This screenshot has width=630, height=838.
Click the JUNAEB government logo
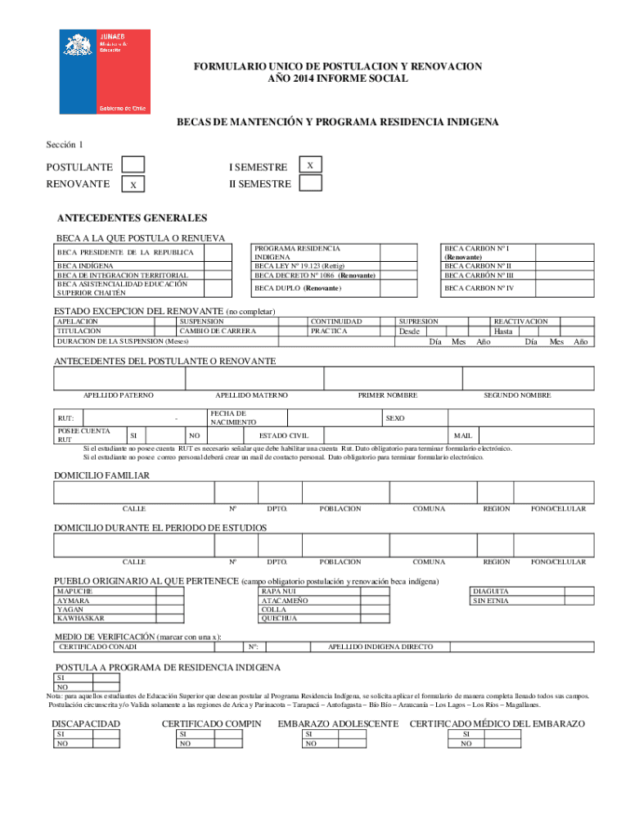[104, 72]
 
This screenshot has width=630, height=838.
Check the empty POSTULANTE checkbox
[133, 166]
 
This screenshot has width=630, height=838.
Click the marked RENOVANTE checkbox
[133, 186]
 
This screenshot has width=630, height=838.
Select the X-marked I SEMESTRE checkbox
[310, 165]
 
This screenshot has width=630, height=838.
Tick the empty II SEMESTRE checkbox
[310, 183]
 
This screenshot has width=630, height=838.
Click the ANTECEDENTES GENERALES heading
[132, 218]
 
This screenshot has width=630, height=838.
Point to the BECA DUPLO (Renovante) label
[298, 289]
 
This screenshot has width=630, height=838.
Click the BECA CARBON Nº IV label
[479, 288]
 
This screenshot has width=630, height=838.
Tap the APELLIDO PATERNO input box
[119, 379]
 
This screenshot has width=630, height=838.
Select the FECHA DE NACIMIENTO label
[228, 417]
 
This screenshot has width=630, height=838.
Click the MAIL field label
[463, 435]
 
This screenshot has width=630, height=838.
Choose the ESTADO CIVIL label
[283, 435]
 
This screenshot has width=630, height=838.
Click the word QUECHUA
[279, 619]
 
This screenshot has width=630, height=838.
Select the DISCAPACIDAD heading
[86, 723]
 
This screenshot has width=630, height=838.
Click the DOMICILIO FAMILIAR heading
[101, 475]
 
